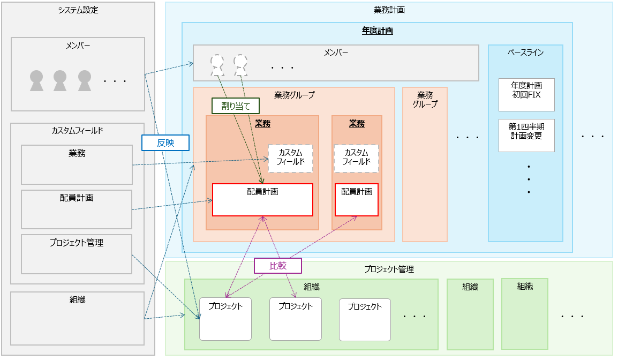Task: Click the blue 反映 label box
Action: click(x=165, y=142)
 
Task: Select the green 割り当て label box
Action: click(x=236, y=106)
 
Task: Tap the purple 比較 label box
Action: click(x=278, y=265)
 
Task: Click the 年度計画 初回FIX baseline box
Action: click(x=526, y=94)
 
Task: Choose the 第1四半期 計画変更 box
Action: click(x=526, y=135)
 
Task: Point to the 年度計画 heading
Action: click(x=377, y=31)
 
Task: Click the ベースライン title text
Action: click(x=525, y=52)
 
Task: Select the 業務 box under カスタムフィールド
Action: click(x=77, y=164)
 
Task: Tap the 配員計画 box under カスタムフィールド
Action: click(x=77, y=209)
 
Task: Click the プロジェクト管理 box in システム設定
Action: click(x=77, y=254)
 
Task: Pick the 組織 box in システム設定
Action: click(x=77, y=318)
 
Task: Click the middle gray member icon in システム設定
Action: click(x=60, y=81)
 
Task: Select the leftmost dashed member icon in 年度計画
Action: click(x=217, y=64)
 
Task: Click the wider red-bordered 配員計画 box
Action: click(x=262, y=200)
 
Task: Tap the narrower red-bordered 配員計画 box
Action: click(x=357, y=200)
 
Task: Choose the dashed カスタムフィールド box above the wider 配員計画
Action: click(x=290, y=158)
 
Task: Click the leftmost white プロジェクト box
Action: click(x=225, y=319)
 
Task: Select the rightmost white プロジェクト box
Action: click(x=365, y=319)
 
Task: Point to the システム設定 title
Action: click(x=78, y=10)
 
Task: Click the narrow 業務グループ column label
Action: click(x=425, y=100)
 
